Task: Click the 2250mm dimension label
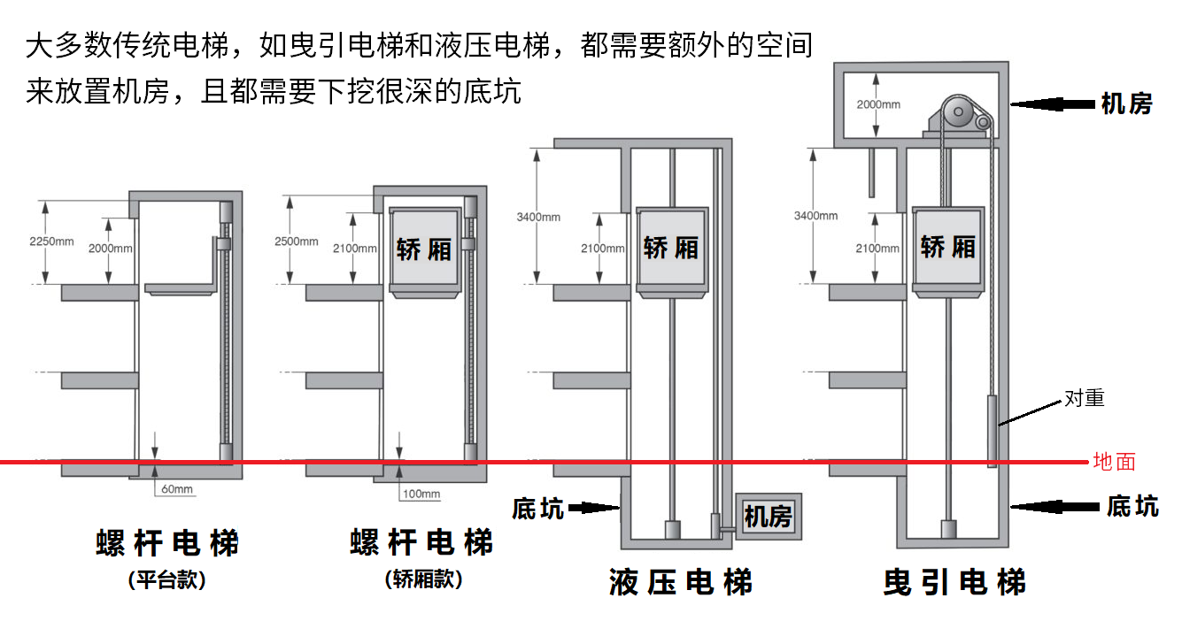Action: pos(51,241)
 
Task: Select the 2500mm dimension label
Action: pos(297,241)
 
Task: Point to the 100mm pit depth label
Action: pos(421,494)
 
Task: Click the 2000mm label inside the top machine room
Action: pos(878,104)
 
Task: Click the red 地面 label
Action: pos(1114,462)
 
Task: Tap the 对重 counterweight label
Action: pos(1084,398)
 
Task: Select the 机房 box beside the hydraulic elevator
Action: pos(768,516)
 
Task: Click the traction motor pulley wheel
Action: pos(956,112)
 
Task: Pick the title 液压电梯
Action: pos(681,583)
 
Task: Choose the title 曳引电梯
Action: pos(954,583)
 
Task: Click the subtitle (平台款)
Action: pos(166,580)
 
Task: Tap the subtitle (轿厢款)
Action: pos(423,580)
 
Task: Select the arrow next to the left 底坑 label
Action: pos(593,508)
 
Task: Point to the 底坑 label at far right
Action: pos(1132,506)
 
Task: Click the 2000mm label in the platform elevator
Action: pos(111,249)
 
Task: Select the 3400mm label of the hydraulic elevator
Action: pos(539,217)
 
